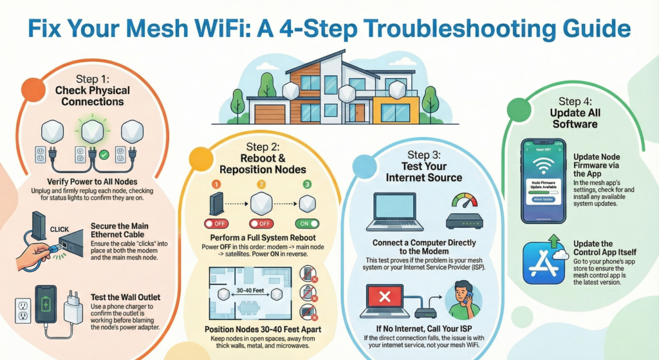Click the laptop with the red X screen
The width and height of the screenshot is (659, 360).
pos(385,301)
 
